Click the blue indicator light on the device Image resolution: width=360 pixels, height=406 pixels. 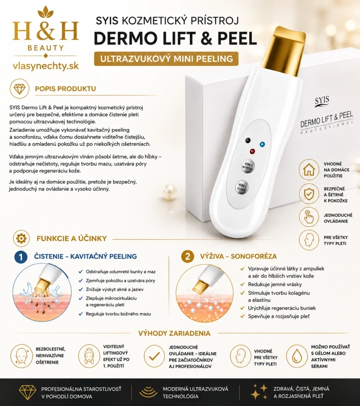point(262,144)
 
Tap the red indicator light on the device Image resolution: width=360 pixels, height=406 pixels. point(252,152)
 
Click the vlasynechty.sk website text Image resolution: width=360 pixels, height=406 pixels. point(46,66)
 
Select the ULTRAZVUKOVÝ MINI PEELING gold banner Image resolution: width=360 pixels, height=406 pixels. point(166,59)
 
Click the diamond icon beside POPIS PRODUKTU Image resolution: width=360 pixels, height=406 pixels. point(19,89)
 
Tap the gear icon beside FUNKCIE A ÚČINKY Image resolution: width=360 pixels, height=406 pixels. point(21,238)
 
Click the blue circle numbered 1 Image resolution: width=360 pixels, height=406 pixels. point(21,257)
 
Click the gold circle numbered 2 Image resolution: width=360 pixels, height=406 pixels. point(188,257)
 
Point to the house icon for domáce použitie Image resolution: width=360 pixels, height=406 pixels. point(309,170)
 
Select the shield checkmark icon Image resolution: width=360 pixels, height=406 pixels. point(309,194)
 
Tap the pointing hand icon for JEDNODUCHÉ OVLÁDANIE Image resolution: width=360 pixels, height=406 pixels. point(309,217)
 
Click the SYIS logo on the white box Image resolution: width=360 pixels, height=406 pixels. point(322,101)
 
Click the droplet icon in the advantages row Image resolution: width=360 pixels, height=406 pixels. point(297,356)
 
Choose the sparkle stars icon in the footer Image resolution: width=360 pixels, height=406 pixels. point(259,392)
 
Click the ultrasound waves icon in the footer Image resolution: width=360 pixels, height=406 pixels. point(148,392)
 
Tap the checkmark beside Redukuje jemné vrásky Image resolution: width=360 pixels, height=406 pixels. point(242,284)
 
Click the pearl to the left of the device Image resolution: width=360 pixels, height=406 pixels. point(170,192)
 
